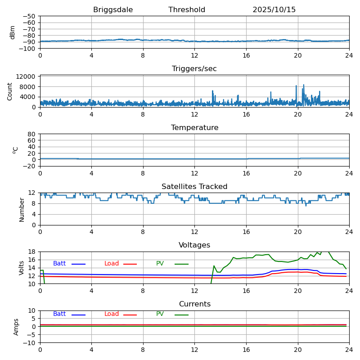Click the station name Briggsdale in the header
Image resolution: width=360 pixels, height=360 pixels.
[113, 10]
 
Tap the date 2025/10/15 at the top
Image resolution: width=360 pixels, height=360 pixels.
[274, 10]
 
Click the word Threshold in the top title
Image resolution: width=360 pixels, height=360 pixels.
[187, 10]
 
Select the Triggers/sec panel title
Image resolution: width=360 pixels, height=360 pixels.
[194, 69]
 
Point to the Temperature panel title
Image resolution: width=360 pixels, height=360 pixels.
[194, 128]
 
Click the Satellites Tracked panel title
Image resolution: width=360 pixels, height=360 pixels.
[194, 187]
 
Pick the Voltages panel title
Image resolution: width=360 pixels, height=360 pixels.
[194, 245]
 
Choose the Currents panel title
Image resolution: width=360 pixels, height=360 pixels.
[194, 304]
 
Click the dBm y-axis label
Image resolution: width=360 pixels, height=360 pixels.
[13, 32]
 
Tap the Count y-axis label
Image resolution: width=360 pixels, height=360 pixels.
[10, 91]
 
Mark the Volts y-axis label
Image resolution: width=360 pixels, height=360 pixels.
[22, 268]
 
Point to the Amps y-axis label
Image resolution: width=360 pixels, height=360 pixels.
[16, 327]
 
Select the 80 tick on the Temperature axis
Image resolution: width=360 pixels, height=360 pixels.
[31, 134]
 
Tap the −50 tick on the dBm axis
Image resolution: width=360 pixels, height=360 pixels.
[28, 16]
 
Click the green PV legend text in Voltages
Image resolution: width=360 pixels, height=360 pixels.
[160, 264]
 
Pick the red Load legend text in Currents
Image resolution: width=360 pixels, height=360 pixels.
[112, 314]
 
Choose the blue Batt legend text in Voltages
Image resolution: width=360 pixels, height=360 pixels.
[59, 264]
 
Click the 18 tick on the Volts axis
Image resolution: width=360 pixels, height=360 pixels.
[32, 252]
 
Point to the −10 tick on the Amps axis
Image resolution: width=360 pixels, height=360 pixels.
[28, 343]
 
